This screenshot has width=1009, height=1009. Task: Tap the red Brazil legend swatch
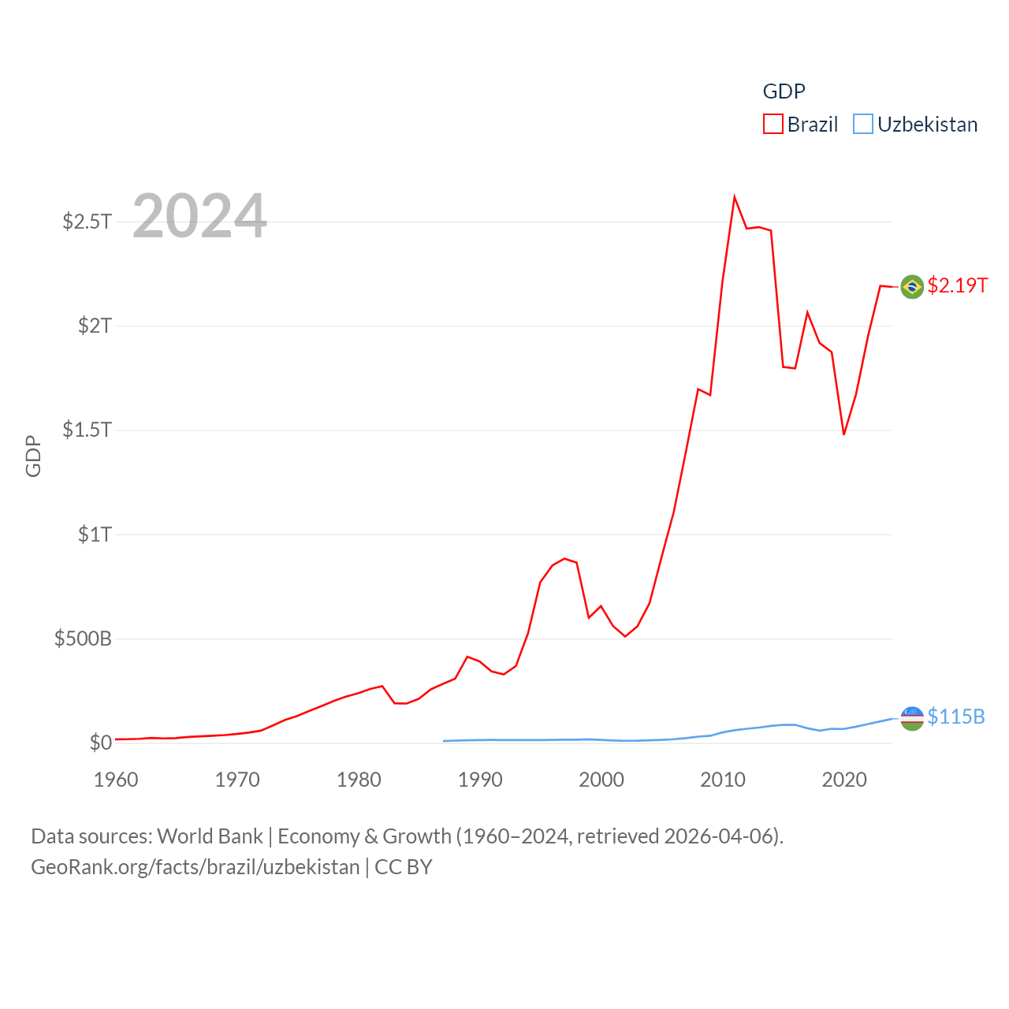point(773,125)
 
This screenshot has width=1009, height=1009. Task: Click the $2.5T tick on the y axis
point(87,222)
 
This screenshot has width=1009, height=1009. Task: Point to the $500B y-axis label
point(83,639)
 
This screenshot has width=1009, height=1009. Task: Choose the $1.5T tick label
point(87,430)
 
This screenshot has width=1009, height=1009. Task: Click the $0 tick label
point(100,743)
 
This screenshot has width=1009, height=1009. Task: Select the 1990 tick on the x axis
point(480,780)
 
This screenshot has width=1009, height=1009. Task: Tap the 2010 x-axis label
point(723,780)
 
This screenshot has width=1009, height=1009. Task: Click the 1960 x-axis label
point(116,780)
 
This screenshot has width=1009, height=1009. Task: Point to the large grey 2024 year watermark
point(199,216)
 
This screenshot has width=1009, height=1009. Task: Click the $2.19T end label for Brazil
point(957,285)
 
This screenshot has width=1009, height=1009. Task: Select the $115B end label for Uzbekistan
point(956,717)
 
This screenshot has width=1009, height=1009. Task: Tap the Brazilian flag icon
point(912,287)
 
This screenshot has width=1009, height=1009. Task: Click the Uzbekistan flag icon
point(912,718)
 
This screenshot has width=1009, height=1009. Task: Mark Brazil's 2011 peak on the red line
point(734,197)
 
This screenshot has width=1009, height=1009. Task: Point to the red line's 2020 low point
point(843,434)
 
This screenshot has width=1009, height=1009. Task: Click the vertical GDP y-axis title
point(33,456)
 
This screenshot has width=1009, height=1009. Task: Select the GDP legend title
point(784,91)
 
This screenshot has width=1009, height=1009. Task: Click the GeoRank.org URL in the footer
point(195,867)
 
